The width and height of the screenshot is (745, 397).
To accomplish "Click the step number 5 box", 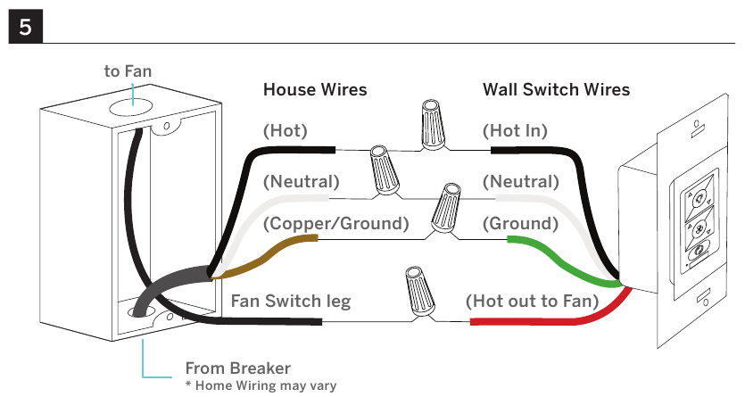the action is tap(26, 27).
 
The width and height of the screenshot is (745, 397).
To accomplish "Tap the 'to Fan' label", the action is tap(128, 71).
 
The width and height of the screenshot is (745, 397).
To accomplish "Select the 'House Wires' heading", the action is tap(315, 90).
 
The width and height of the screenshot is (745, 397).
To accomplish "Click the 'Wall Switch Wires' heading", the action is tap(557, 90).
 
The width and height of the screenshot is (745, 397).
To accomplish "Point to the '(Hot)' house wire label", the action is tap(286, 131).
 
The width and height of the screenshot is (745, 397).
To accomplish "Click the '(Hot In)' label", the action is tap(515, 131).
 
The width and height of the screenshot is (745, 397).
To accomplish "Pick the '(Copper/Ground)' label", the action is tap(335, 224).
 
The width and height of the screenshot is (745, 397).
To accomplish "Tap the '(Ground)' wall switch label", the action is tap(520, 224).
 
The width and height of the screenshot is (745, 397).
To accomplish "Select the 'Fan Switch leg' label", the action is tap(291, 301).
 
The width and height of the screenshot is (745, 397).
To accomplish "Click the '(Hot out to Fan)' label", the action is tap(532, 301).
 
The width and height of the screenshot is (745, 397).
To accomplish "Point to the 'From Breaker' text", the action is tap(238, 368).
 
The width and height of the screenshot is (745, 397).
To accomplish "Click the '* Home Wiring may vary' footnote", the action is tap(261, 385).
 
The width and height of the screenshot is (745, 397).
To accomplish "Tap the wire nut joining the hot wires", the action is tap(434, 125).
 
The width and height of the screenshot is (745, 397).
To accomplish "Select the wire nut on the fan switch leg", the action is tap(419, 292).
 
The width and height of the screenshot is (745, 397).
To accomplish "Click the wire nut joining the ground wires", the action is tap(446, 208).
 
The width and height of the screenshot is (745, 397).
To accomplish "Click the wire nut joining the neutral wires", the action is tap(385, 170).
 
